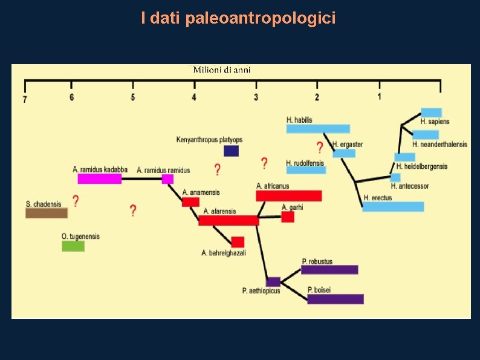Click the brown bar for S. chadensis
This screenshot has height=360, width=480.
tap(47, 213)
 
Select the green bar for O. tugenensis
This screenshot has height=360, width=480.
tap(73, 246)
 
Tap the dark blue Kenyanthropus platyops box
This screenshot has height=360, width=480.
tap(231, 151)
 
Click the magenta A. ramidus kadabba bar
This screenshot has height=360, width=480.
tap(99, 178)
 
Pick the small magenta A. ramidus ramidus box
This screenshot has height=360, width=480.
tap(167, 178)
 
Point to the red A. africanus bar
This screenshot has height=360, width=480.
tap(288, 195)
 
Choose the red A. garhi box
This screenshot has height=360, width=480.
tap(288, 217)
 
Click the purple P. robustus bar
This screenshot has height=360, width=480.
tap(329, 269)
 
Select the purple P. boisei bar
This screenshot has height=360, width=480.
tap(336, 299)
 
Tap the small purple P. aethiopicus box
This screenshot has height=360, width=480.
tap(273, 281)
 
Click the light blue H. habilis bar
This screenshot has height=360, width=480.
tap(318, 128)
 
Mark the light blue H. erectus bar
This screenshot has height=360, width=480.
tap(393, 206)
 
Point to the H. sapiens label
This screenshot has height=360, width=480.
tap(435, 122)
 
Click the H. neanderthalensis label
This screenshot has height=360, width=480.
tap(439, 144)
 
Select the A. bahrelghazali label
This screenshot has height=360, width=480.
tap(223, 253)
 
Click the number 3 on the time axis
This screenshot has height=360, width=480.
tap(256, 97)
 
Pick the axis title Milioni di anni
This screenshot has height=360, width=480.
tap(221, 70)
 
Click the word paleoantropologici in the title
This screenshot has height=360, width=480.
tap(261, 19)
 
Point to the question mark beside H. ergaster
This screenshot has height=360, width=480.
tap(320, 147)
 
